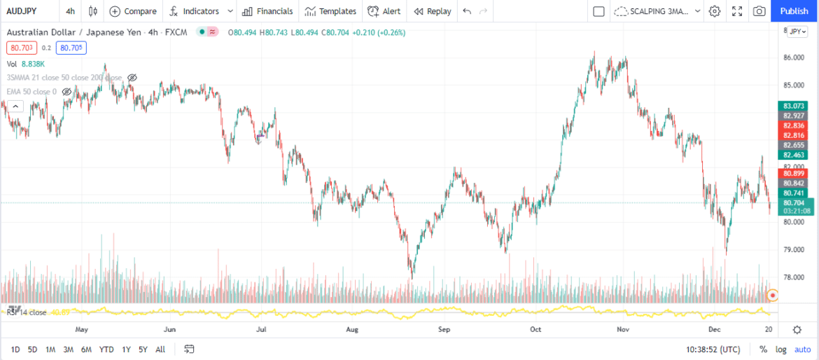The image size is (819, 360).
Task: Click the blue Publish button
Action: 794,11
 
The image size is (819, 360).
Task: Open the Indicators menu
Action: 194,11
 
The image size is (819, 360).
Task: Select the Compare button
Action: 133,11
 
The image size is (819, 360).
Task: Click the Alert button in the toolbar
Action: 384,11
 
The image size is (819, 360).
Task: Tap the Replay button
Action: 432,11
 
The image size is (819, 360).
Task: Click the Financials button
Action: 267,11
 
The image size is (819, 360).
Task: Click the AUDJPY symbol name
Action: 22,11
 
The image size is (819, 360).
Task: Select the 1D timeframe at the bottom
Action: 15,349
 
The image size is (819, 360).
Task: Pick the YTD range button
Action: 106,349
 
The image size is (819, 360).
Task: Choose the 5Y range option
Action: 143,349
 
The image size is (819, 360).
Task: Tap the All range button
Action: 160,349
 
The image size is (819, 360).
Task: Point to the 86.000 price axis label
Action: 793,57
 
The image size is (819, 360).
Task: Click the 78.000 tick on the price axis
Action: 793,277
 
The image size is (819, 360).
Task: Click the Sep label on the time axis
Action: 444,328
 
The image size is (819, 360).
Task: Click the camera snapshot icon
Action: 759,11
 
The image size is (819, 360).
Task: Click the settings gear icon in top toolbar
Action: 715,11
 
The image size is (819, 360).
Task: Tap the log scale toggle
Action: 780,349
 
